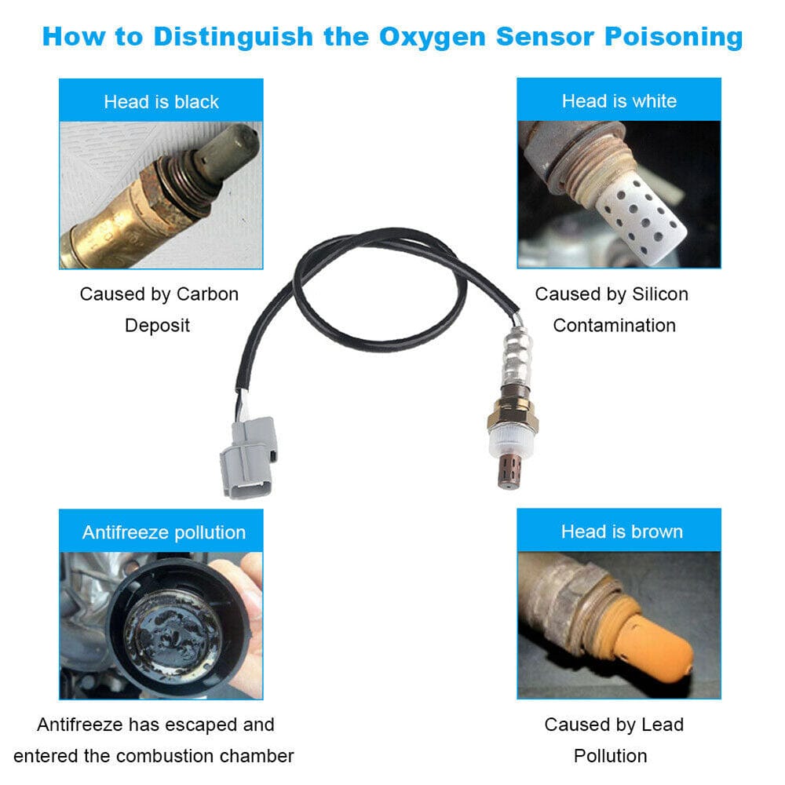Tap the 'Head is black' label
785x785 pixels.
(161, 102)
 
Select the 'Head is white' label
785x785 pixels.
(619, 101)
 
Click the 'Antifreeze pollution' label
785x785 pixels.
(163, 532)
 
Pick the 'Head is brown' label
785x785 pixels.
(622, 531)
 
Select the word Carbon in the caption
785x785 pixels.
(206, 294)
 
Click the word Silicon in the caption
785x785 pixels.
(660, 294)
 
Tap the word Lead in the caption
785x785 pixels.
(664, 725)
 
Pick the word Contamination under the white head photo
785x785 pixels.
(614, 325)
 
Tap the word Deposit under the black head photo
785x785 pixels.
(157, 325)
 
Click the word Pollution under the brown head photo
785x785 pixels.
(610, 756)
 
